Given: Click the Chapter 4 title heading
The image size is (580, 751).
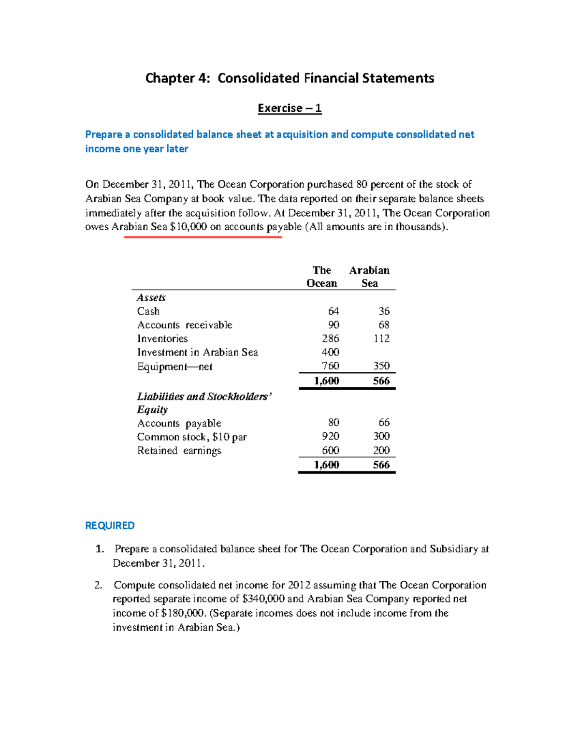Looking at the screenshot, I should click(290, 78).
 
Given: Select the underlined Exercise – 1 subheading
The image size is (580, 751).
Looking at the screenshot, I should click(290, 108).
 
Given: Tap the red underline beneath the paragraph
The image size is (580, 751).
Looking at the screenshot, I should click(203, 237).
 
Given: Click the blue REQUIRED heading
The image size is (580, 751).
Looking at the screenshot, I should click(110, 526).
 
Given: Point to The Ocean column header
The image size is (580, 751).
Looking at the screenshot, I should click(322, 277).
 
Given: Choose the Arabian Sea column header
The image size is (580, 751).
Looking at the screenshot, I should click(369, 277).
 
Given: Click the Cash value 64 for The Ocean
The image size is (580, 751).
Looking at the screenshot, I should click(333, 311).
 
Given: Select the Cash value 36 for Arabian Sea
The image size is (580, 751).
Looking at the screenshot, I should click(384, 311).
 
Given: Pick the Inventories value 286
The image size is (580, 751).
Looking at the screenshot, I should click(331, 339).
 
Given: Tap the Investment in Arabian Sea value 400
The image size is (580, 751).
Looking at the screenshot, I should click(331, 352).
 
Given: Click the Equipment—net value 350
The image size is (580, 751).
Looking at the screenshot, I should click(381, 366).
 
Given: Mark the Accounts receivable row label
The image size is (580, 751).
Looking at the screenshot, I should click(185, 325).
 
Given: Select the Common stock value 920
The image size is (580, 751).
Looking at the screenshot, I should click(331, 436).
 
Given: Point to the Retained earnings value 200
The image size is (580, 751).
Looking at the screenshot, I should click(381, 450).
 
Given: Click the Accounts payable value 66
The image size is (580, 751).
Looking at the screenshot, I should click(384, 423).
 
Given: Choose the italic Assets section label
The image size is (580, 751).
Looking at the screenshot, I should click(151, 298).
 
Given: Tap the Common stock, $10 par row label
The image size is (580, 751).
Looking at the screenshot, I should click(192, 437).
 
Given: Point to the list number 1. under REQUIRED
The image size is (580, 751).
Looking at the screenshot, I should click(100, 549).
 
